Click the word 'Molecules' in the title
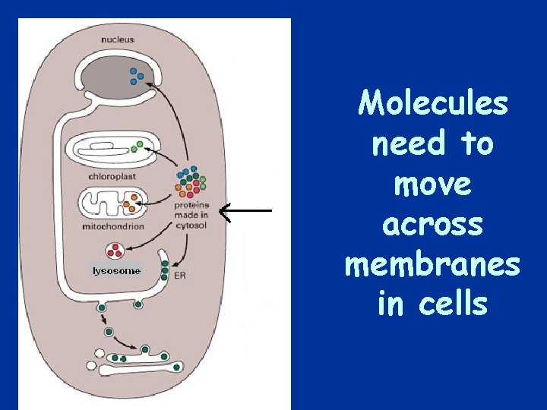point(433,104)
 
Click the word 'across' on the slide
point(432,224)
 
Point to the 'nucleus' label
point(119,39)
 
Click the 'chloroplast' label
point(112,177)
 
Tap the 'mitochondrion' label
point(114,226)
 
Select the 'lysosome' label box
point(116,271)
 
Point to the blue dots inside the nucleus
point(137,76)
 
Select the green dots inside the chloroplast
point(136,147)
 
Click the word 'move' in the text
point(432,184)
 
